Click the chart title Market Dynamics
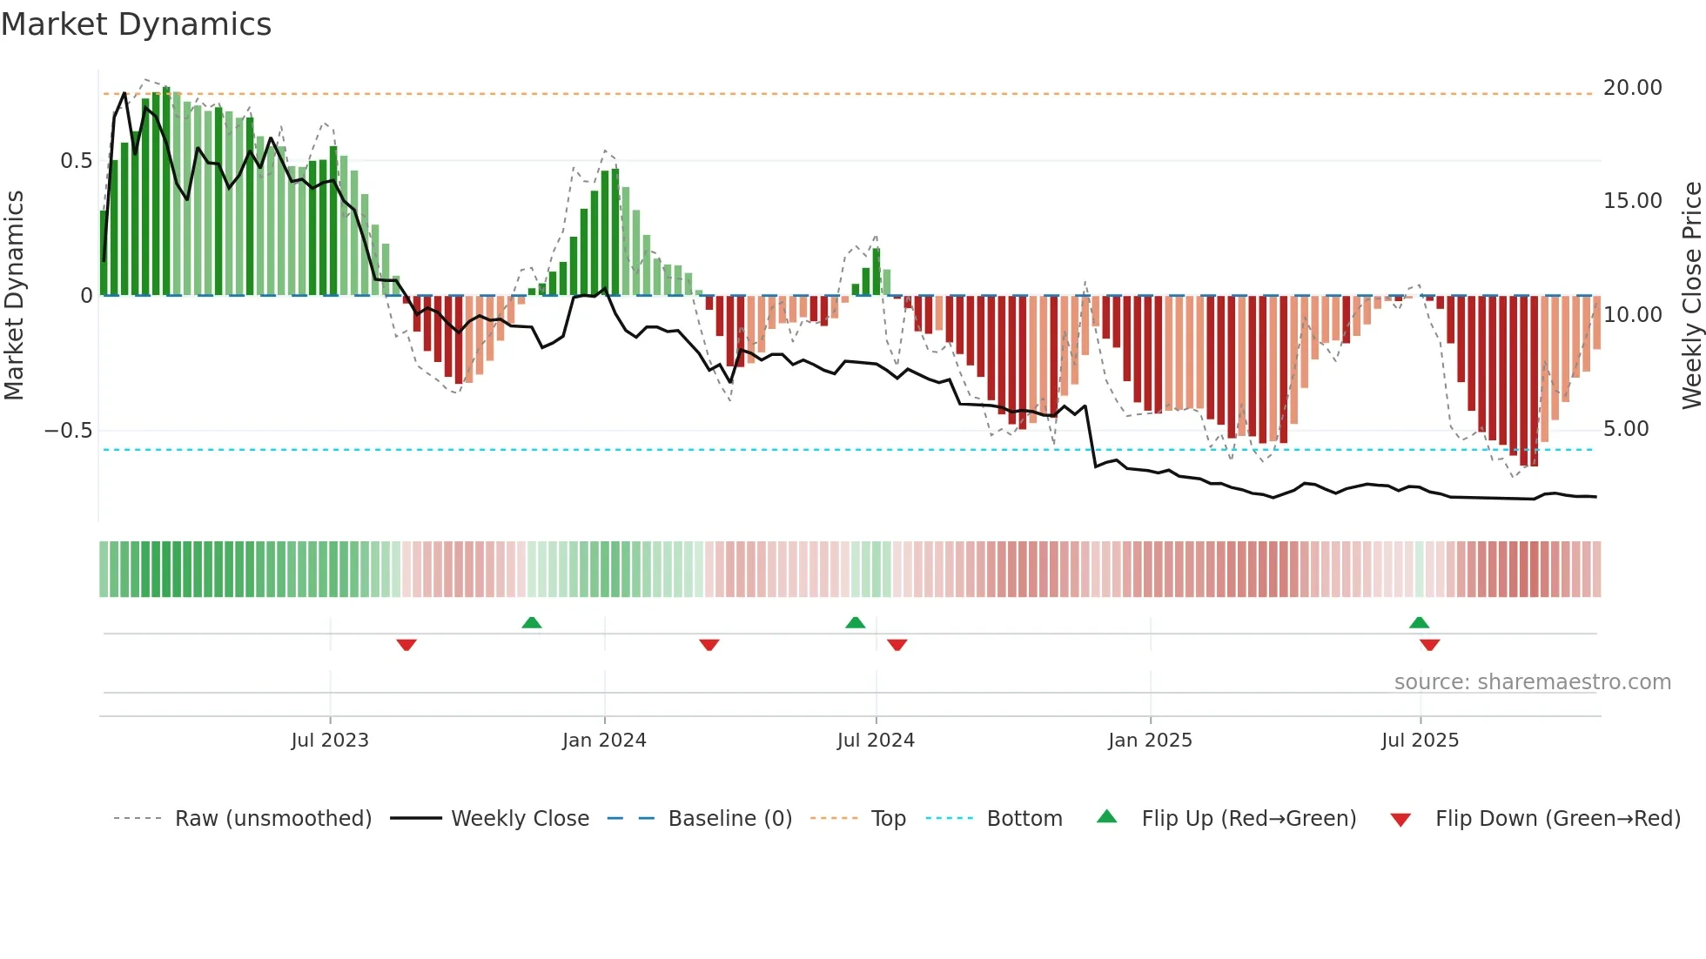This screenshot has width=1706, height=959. (x=136, y=24)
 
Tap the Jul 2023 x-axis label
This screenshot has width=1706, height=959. (x=330, y=741)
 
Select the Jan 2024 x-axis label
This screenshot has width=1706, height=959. (x=604, y=741)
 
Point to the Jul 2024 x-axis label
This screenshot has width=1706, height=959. (x=876, y=741)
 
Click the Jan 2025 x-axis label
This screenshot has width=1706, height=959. (x=1150, y=741)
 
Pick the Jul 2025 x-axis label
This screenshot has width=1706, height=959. (x=1420, y=741)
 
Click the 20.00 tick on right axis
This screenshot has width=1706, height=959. (x=1632, y=88)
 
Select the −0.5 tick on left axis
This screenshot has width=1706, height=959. (x=68, y=431)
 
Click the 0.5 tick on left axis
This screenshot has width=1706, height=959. (x=76, y=161)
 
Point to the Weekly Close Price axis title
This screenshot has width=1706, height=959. (x=1691, y=296)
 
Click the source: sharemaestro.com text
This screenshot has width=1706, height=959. (x=1532, y=682)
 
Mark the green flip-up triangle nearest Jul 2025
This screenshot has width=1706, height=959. (x=1419, y=622)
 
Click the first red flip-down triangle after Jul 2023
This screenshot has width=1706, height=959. (x=406, y=645)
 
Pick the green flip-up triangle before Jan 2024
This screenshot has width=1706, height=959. (x=532, y=622)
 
